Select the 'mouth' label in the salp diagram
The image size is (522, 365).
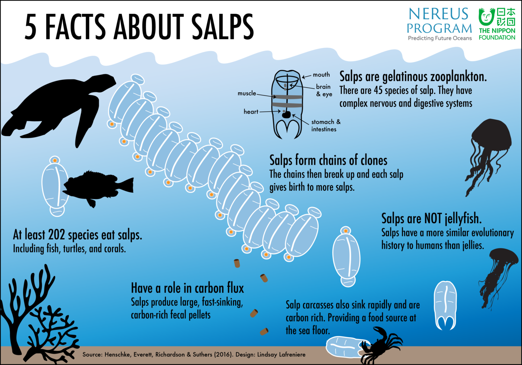tap(321, 75)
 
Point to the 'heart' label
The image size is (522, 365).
tap(251, 111)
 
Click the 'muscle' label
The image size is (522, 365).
tap(247, 93)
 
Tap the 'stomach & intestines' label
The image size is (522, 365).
tap(326, 126)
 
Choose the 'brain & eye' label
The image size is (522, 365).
tap(324, 90)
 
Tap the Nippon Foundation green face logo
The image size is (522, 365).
tap(486, 17)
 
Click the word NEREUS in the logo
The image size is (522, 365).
tap(438, 14)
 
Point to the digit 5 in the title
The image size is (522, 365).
tap(30, 27)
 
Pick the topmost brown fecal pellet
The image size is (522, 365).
tap(237, 263)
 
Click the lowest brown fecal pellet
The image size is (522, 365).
tap(264, 331)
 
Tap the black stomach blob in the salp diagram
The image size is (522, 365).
tap(286, 114)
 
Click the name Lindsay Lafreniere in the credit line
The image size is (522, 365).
tap(281, 355)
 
